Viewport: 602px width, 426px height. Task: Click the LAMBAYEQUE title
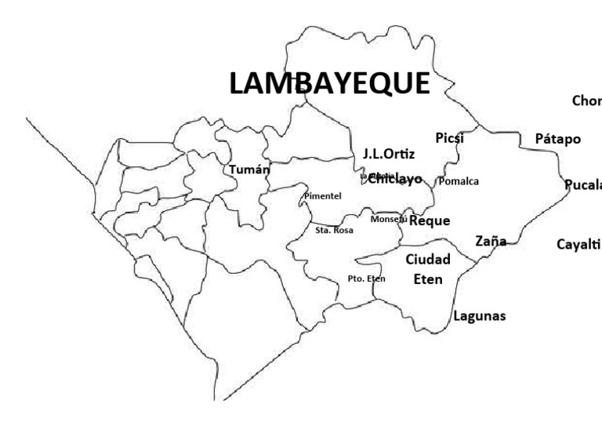329,84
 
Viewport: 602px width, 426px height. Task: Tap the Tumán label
249,169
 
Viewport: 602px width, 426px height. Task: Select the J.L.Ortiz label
388,154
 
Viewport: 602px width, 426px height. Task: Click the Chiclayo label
395,178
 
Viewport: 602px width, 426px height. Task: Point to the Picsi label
450,138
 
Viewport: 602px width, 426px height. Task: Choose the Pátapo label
557,139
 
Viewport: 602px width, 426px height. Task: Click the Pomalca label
459,181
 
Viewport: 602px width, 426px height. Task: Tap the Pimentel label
323,195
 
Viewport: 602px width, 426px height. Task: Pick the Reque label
430,220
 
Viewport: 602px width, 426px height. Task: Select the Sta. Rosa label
334,231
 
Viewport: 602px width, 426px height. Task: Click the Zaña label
491,241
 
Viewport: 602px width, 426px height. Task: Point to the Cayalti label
578,244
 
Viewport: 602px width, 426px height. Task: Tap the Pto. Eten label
366,279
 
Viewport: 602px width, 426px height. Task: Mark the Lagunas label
480,316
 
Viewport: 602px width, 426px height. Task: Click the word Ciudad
427,260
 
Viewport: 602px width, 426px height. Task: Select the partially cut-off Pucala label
584,185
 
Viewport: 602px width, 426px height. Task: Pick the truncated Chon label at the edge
586,100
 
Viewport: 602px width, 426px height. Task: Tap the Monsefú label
389,219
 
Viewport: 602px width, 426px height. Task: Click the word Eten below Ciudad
428,279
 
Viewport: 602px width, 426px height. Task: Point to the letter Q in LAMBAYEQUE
379,84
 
